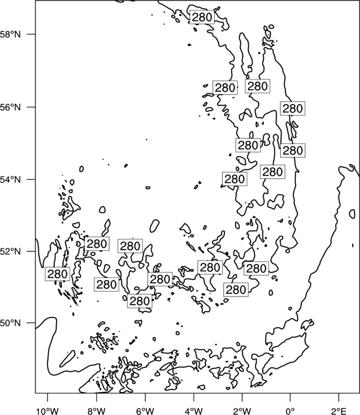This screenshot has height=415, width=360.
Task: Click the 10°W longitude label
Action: click(48, 411)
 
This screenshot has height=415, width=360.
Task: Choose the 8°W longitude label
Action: click(96, 411)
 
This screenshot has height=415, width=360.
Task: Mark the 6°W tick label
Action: click(145, 411)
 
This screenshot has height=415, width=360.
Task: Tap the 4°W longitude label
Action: click(194, 411)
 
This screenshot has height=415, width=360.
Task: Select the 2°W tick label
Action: click(242, 411)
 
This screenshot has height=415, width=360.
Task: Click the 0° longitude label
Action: click(290, 411)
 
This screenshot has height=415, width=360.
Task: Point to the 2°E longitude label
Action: click(339, 411)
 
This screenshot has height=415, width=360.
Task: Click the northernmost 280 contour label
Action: click(202, 17)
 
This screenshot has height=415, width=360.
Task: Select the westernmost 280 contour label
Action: click(57, 274)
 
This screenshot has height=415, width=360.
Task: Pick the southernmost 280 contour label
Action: click(140, 301)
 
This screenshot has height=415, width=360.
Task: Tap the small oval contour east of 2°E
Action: click(352, 214)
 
